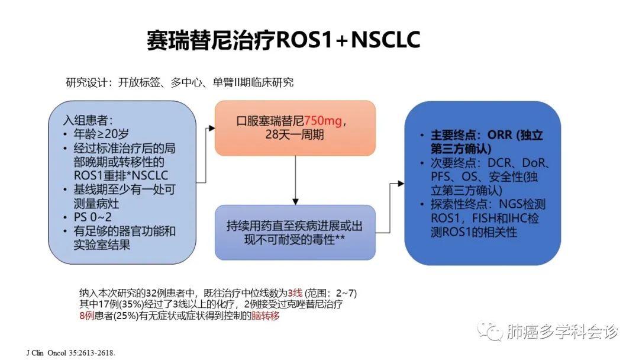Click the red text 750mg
point(323,121)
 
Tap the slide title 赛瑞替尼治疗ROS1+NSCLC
point(283,40)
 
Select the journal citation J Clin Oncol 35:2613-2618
point(71,353)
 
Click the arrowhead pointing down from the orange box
point(295,201)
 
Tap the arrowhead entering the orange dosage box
point(211,128)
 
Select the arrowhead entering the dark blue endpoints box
point(401,184)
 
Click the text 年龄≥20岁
point(102,134)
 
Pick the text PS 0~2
point(92,217)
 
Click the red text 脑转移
point(265,316)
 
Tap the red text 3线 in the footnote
point(295,292)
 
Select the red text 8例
point(87,316)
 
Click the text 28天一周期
point(295,134)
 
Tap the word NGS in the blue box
point(511,204)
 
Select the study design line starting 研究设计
point(180,82)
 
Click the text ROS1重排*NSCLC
point(121,175)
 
